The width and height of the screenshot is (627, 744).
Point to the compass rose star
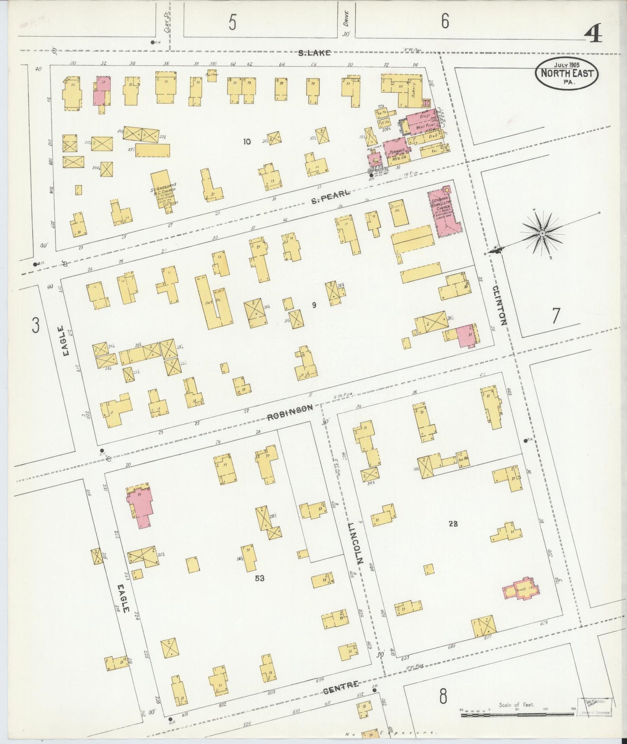tap(542, 234)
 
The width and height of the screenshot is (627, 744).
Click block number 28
tap(453, 523)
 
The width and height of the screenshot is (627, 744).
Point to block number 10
tap(247, 141)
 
